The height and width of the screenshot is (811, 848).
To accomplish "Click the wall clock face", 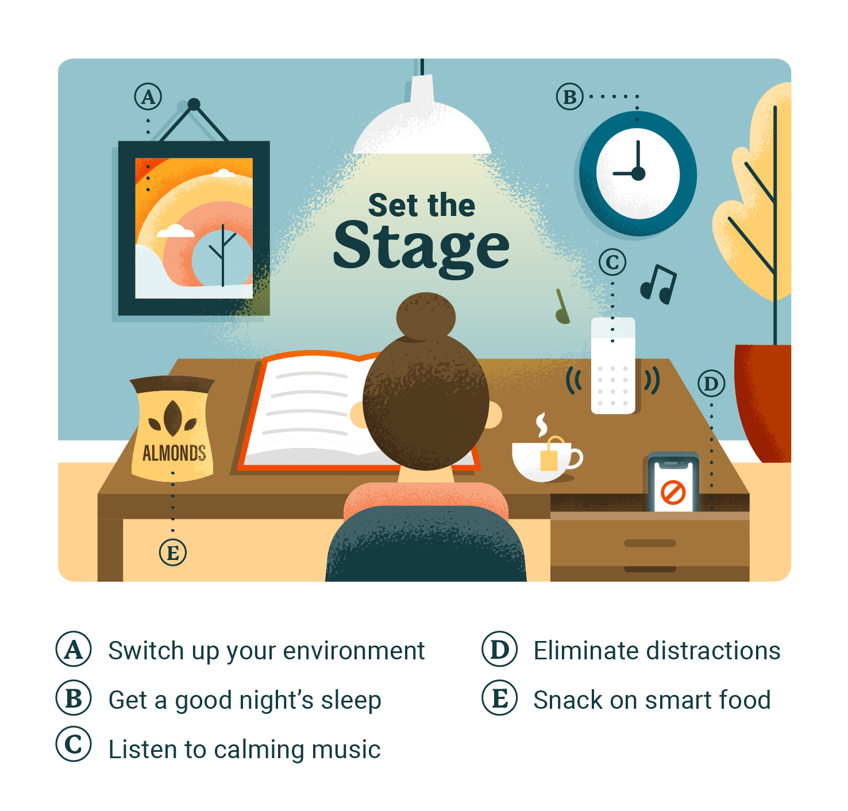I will pos(638,173).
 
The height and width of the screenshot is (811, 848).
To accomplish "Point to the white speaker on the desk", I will pos(613,368).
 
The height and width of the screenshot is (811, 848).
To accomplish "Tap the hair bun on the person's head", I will pos(426,317).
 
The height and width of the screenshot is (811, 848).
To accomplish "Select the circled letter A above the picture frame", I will pos(148,97).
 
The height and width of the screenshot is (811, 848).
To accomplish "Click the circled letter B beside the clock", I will pos(569,97).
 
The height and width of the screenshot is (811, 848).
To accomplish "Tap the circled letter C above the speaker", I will pos(612,262).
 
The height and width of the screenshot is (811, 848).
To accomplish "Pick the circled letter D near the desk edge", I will pos(711,384).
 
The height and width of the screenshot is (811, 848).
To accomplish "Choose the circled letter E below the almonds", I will pos(173,553).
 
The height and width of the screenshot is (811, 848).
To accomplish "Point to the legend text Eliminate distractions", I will pos(657,651).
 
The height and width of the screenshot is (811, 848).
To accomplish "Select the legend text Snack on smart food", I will pos(652,700).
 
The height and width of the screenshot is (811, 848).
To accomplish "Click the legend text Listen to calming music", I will pos(244,750).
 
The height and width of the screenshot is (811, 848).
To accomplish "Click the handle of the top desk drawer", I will pos(650,543).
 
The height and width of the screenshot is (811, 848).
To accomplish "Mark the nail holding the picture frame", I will pos(194,105).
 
